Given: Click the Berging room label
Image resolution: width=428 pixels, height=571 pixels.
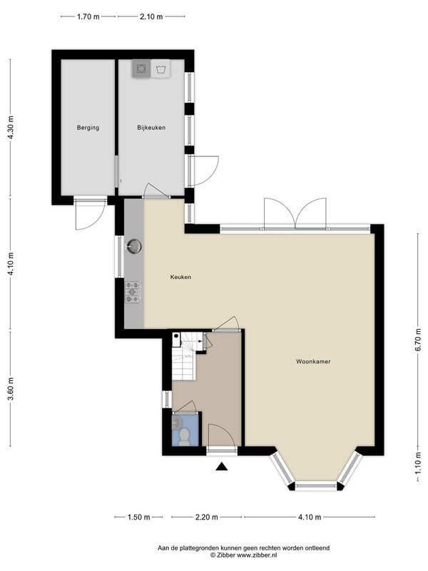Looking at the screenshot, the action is pos(88,128).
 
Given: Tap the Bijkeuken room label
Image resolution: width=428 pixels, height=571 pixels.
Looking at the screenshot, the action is pos(151,128).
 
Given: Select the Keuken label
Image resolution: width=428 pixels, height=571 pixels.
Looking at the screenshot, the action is pos(180,277).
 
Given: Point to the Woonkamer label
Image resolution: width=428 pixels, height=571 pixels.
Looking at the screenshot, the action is pos(313,362).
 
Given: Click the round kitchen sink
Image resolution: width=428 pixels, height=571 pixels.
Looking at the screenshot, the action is pos(134,246).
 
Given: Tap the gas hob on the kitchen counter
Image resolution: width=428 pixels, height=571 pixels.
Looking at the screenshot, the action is pos(133,292).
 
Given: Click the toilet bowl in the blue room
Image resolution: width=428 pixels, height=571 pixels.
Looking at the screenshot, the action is pos(185,436).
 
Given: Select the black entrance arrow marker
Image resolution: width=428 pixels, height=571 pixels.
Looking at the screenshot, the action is pos(221,467).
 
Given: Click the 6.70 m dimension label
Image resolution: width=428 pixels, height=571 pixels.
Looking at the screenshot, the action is pos(419,340).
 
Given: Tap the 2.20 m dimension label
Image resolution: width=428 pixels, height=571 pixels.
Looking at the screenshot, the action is pos(206,517).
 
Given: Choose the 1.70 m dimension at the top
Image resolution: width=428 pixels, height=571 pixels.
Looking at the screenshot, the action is pos(88,16).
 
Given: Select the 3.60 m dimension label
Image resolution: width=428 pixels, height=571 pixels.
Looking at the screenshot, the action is pos(11,388).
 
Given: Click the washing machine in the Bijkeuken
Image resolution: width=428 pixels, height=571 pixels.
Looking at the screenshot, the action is pos(141,68).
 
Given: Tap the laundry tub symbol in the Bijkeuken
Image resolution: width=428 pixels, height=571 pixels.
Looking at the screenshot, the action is pos(160,69).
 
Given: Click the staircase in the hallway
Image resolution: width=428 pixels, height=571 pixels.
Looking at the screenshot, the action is pos(186,355).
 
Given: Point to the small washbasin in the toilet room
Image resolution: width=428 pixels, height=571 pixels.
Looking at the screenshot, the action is pos(177,422).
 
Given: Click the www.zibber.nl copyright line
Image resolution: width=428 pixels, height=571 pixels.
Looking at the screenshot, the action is pos(243,555).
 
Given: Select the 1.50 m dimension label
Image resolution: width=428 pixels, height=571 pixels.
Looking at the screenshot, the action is pos(138,517).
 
